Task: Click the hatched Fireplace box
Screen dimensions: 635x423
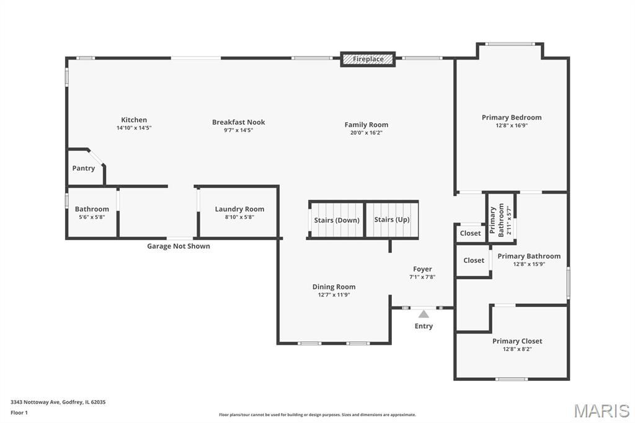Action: (368, 59)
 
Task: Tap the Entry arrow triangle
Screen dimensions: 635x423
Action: (424, 314)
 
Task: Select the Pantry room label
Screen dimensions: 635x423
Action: (84, 168)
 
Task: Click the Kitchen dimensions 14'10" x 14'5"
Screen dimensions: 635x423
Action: (134, 128)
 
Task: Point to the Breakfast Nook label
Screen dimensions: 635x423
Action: (239, 122)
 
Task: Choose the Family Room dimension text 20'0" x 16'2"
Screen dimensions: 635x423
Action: (366, 133)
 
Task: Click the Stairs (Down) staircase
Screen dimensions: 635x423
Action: (337, 220)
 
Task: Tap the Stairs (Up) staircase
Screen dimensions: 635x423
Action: (392, 219)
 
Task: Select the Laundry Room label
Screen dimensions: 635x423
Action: (239, 209)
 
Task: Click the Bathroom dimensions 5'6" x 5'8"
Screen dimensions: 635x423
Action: (92, 217)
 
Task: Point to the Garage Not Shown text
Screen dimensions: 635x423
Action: (179, 246)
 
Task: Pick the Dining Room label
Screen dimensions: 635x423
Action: (334, 287)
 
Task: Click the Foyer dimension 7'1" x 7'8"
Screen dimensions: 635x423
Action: (422, 277)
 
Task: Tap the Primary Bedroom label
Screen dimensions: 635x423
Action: (512, 117)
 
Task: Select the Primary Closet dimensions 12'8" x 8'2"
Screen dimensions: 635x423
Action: (517, 349)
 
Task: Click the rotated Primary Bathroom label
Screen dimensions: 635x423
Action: (497, 220)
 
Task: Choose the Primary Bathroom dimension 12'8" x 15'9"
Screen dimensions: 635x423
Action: (529, 264)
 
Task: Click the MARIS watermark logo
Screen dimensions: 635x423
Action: (602, 411)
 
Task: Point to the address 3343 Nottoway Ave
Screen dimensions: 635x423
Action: (35, 403)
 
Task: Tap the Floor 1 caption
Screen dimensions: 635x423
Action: (19, 413)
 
